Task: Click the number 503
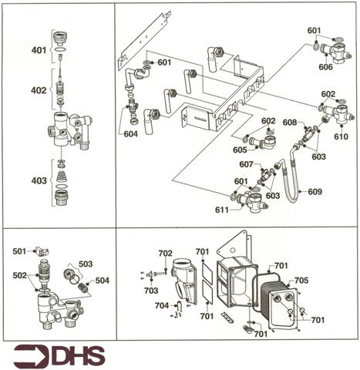[x=85, y=264]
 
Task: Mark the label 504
[x=103, y=281]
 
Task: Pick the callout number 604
[x=131, y=133]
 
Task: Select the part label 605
[x=240, y=150]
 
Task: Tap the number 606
[x=326, y=68]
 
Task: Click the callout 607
[x=246, y=164]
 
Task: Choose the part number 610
[x=341, y=136]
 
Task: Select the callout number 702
[x=165, y=253]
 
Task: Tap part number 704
[x=161, y=305]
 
